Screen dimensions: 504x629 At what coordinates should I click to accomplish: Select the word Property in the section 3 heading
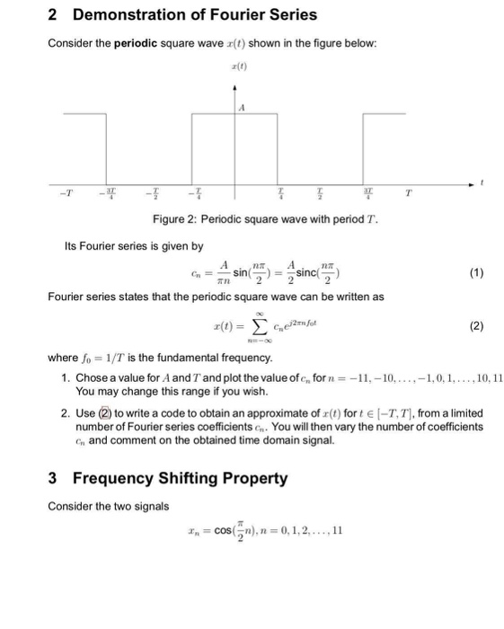[x=252, y=479]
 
